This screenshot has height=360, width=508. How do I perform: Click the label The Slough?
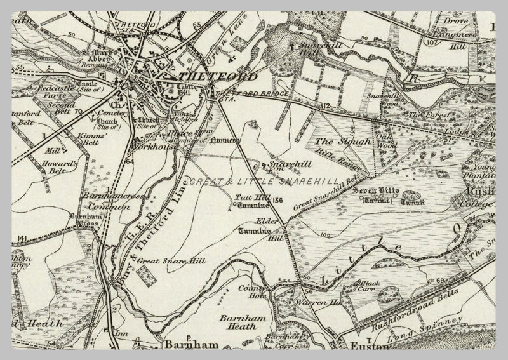click(343, 142)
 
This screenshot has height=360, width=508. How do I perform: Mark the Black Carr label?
click(370, 284)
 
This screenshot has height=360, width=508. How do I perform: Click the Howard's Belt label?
click(63, 167)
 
